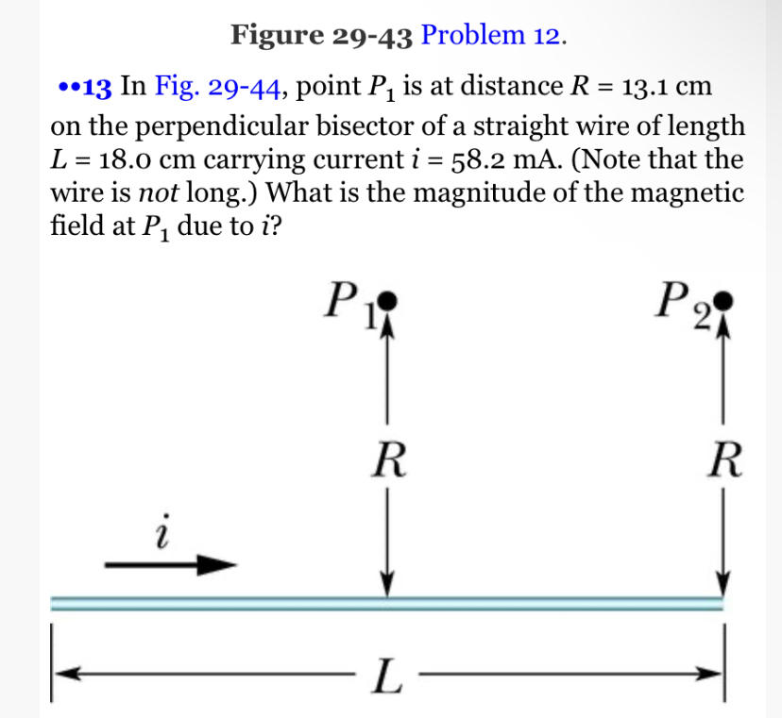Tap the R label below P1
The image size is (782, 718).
click(387, 462)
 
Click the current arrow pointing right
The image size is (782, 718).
click(170, 563)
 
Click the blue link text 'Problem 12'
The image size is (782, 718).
click(491, 35)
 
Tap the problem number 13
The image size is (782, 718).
click(98, 89)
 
